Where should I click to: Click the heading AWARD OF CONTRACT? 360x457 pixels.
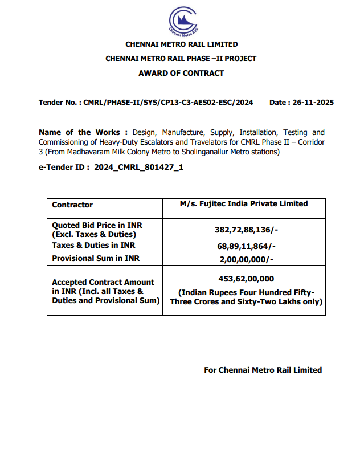click(x=181, y=73)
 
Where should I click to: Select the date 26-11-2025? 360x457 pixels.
click(x=312, y=103)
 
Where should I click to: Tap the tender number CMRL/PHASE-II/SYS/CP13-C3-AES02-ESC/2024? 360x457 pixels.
click(x=168, y=103)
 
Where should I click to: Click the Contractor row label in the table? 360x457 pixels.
click(x=72, y=205)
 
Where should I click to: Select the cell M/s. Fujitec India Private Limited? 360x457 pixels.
click(x=243, y=203)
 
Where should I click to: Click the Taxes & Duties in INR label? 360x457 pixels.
click(x=93, y=246)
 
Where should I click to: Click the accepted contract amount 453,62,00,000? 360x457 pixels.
click(x=246, y=279)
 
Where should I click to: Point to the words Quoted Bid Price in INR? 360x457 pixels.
click(x=97, y=225)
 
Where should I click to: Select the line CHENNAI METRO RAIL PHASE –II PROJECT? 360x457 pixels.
click(x=181, y=59)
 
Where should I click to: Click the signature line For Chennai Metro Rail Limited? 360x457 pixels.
click(x=263, y=370)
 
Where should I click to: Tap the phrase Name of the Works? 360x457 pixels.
click(x=79, y=132)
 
